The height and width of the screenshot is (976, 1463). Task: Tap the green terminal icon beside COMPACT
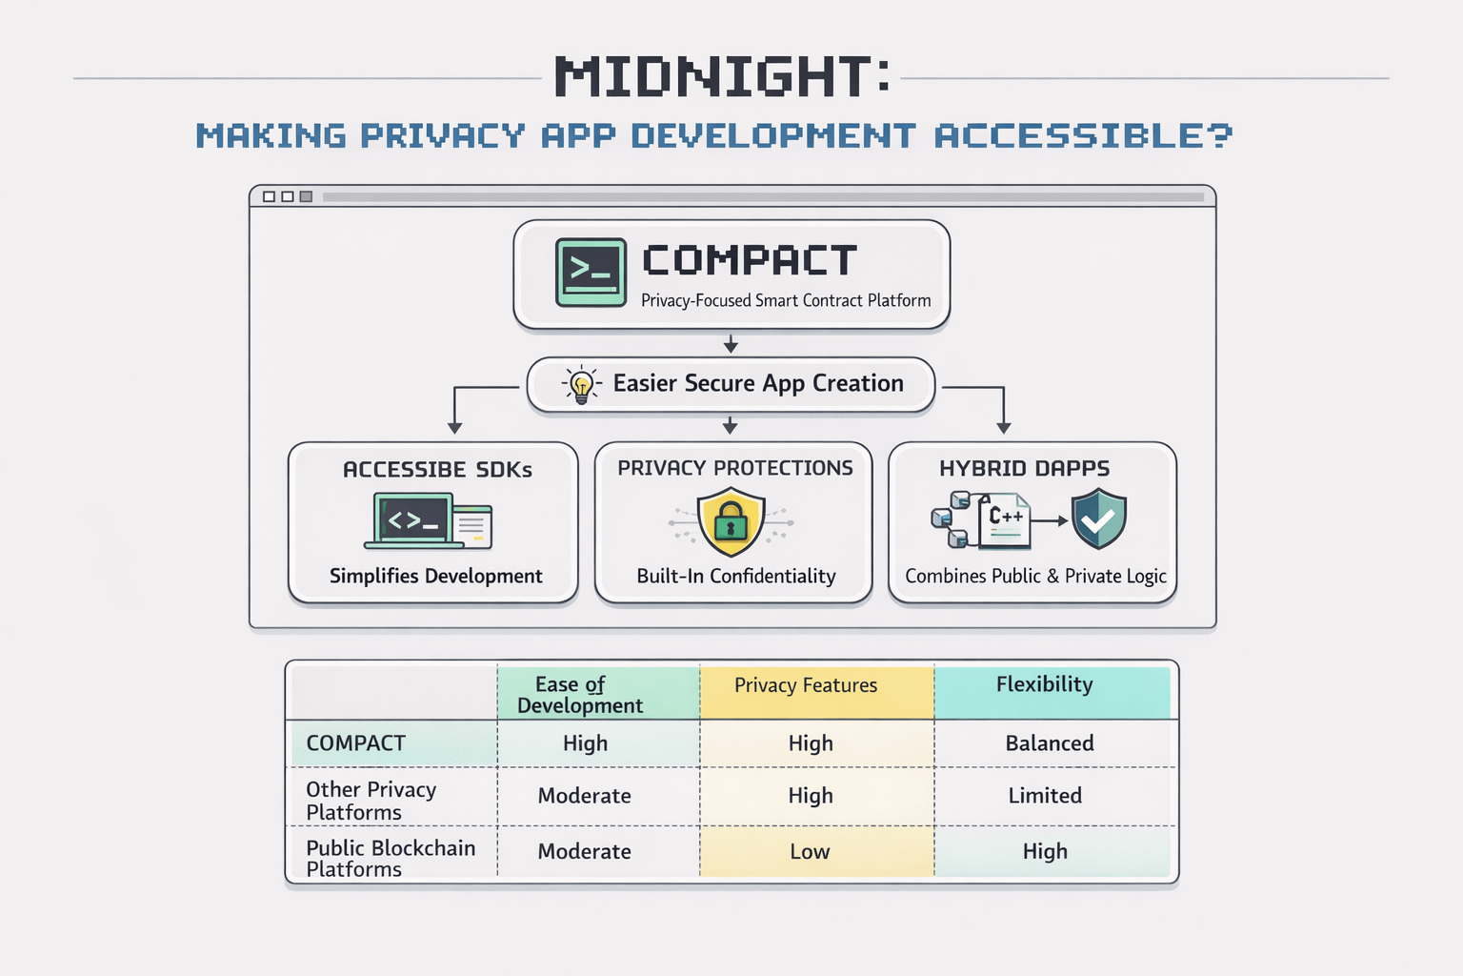coord(591,273)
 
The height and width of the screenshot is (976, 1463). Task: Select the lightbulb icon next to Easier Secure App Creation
coord(581,384)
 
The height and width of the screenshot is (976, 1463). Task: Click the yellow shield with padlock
coord(731,521)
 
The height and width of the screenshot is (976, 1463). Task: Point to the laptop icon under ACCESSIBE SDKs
coord(415,520)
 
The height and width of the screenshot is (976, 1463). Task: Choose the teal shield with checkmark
coord(1098,518)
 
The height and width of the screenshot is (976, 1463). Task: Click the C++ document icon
coord(1004,519)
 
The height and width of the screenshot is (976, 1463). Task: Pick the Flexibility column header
coord(1044,684)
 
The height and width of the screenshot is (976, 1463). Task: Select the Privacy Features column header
coord(806,685)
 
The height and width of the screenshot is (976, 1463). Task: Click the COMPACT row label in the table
coord(355,743)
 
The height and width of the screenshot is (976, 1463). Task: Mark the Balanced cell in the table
coord(1049,743)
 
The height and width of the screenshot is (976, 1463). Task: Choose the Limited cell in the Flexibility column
coord(1045,796)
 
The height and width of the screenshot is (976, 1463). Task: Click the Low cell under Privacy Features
coord(810,852)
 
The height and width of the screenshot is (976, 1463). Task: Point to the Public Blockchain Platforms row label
coord(391,858)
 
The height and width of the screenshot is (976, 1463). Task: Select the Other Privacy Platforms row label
coord(371,801)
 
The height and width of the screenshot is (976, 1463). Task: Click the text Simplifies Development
coord(435,576)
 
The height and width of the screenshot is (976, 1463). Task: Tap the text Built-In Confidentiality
coord(736,576)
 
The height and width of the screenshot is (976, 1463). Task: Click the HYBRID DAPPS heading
coord(1024,468)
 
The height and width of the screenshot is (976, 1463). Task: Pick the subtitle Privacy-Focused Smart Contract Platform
coord(786,300)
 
